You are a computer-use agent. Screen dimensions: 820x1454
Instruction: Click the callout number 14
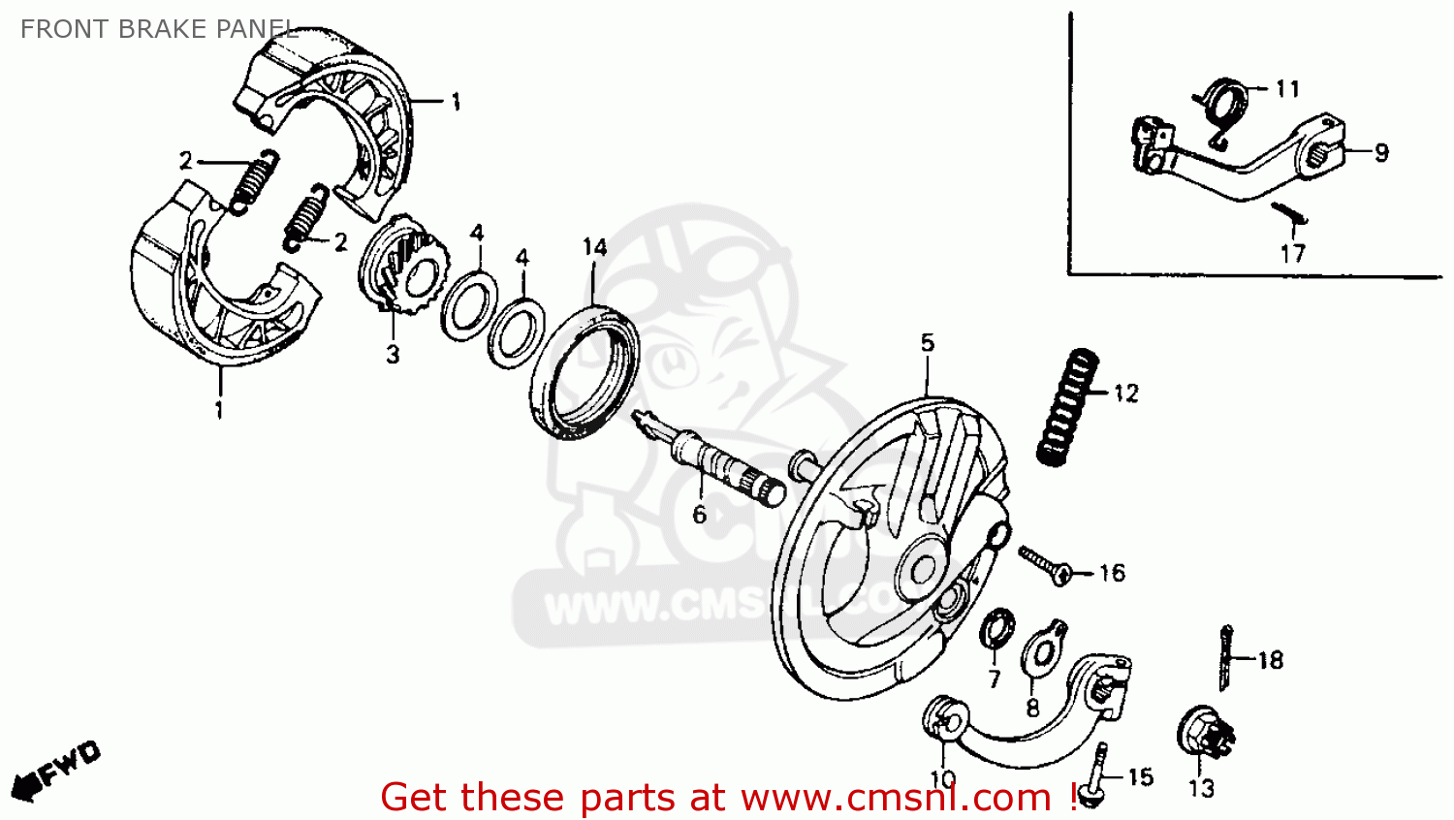pyautogui.click(x=594, y=248)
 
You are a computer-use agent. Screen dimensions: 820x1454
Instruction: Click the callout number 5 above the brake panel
pyautogui.click(x=928, y=343)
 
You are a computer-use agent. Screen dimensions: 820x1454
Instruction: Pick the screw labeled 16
pyautogui.click(x=1043, y=565)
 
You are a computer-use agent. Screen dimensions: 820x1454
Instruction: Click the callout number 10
pyautogui.click(x=942, y=779)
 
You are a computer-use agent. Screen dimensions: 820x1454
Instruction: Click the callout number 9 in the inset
pyautogui.click(x=1381, y=153)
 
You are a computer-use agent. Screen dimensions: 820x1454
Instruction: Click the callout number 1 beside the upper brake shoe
pyautogui.click(x=455, y=102)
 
